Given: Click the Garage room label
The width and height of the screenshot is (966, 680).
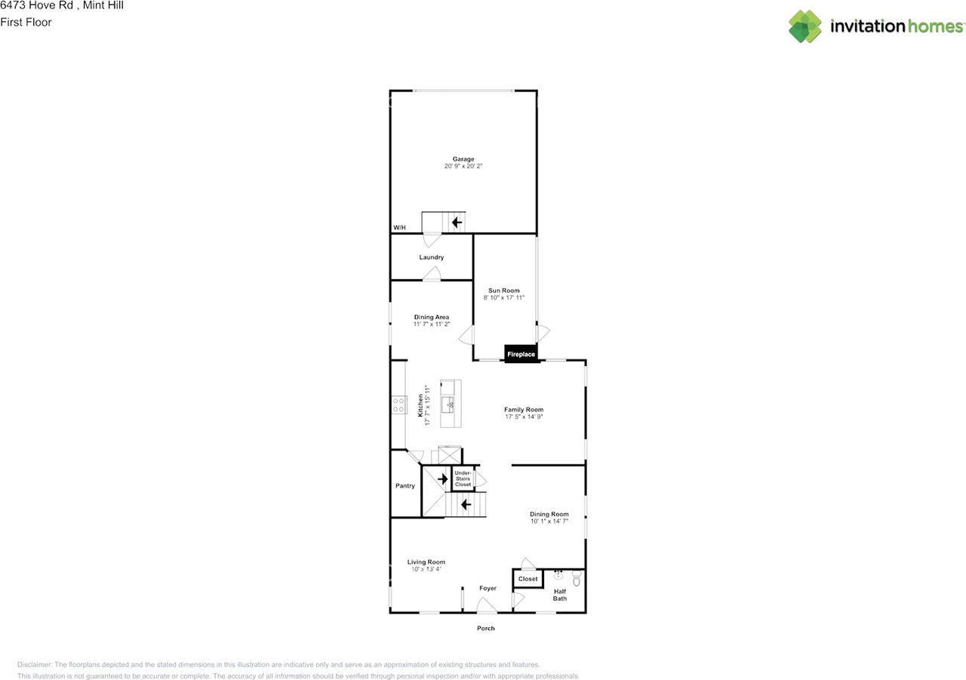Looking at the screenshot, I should tap(463, 159).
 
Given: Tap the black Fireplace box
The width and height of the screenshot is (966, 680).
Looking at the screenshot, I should tap(521, 354).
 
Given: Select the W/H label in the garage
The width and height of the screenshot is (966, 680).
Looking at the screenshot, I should tap(399, 228).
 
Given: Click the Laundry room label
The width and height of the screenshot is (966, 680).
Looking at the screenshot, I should tap(432, 257).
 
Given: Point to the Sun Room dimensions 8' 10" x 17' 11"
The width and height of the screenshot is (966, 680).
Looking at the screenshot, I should tap(504, 298).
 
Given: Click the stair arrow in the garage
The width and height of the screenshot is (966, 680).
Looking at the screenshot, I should tap(457, 223).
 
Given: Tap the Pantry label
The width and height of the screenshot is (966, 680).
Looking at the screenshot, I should tap(405, 486).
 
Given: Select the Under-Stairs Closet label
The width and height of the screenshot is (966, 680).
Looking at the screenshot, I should tap(463, 478).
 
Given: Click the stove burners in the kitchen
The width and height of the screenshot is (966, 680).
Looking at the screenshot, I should tap(398, 405).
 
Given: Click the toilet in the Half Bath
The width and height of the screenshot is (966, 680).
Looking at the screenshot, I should tap(577, 580).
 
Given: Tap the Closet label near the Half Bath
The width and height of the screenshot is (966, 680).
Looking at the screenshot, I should tap(528, 579).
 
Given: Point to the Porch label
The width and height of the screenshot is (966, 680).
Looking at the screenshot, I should tap(486, 628).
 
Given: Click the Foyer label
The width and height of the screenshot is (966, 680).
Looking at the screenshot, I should tap(488, 588).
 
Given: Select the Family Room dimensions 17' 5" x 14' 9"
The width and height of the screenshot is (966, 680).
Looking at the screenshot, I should tap(524, 417).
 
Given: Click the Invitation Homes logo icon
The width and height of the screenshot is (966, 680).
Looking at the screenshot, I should tap(805, 26).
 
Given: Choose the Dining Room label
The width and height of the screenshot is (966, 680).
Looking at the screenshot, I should tap(549, 514).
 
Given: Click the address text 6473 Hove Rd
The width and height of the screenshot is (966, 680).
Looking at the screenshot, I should tap(36, 6).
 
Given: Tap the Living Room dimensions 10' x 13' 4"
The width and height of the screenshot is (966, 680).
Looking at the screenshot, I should tap(426, 569).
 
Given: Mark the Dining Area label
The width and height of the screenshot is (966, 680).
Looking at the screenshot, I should tap(432, 317).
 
